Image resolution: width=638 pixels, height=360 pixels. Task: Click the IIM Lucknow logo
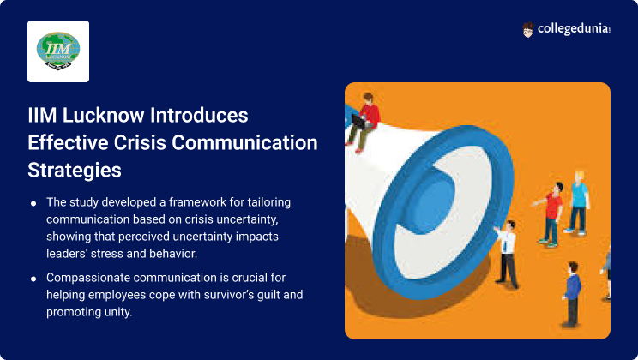(58, 51)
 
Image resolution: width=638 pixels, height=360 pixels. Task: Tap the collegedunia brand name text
(574, 28)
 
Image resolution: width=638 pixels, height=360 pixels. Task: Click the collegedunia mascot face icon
(527, 30)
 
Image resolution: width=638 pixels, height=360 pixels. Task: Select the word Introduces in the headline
(199, 115)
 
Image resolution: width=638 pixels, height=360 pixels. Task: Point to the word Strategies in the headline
(75, 170)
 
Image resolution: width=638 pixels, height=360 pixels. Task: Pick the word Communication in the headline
(244, 143)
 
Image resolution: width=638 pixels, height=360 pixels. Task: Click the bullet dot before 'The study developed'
(33, 203)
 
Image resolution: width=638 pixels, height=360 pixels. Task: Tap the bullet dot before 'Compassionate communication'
(33, 279)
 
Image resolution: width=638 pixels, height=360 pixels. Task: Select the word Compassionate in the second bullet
(87, 278)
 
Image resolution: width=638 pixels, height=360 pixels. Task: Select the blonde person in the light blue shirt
(578, 202)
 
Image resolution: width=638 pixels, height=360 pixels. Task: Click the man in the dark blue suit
(572, 295)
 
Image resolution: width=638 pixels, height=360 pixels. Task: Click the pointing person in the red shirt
(551, 214)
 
